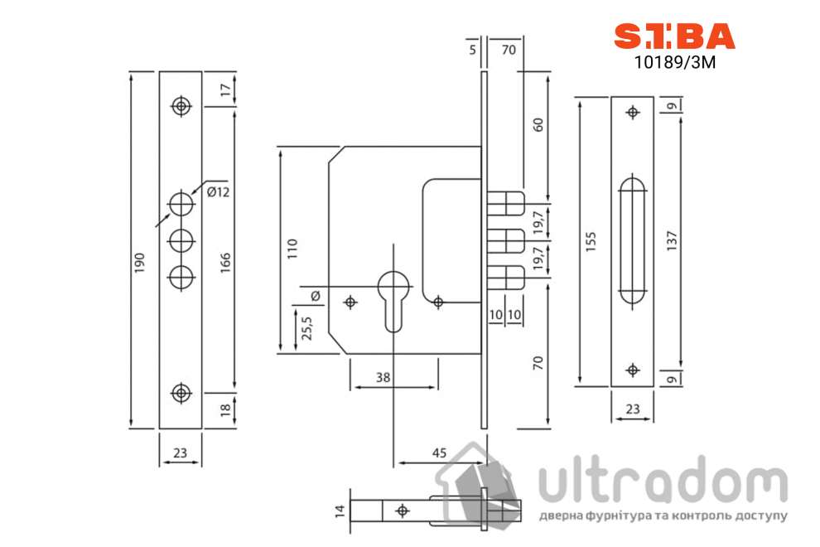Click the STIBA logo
click(674, 36)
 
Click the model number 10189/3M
click(674, 62)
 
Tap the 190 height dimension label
click(140, 263)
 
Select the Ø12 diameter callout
click(218, 192)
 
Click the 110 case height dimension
click(292, 249)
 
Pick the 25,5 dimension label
click(307, 328)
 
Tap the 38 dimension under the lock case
click(383, 377)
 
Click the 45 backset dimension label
click(439, 453)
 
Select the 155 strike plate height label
click(591, 242)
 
